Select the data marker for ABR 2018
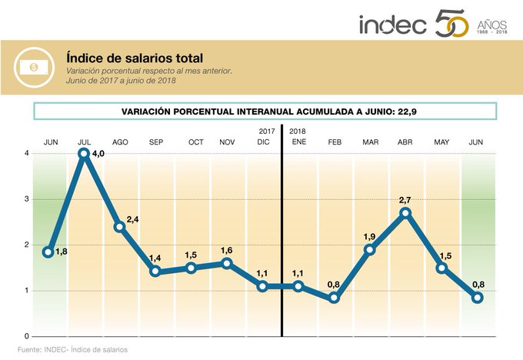point(405,213)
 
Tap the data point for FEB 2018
point(334,298)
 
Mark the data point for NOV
point(226,263)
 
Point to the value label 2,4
point(132,219)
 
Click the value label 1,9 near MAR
point(369,236)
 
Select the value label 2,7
point(405,199)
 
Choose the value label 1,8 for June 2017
point(62,252)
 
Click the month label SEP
point(156,142)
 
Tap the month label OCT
point(195,142)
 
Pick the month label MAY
point(441,142)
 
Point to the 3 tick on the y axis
point(27,199)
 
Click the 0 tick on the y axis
point(27,337)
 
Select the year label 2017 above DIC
point(266,132)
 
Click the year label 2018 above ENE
point(297,132)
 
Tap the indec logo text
point(392,25)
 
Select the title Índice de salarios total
point(135,58)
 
